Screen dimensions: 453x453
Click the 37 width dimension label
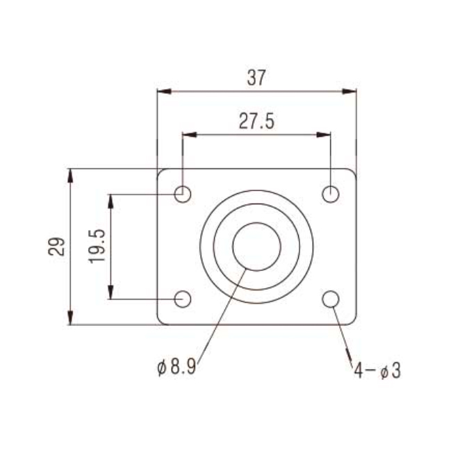click(x=256, y=78)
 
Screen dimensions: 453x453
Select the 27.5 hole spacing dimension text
click(x=256, y=122)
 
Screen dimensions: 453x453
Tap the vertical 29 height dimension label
click(x=56, y=247)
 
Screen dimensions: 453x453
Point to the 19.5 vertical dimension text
click(x=97, y=246)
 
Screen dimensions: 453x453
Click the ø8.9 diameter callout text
click(x=176, y=367)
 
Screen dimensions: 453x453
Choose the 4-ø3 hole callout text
click(x=377, y=370)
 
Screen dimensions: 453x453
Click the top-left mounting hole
click(x=183, y=194)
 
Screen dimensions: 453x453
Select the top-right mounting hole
click(x=331, y=194)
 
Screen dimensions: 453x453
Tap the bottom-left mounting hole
click(x=183, y=299)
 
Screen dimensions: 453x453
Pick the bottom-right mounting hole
click(x=331, y=299)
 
